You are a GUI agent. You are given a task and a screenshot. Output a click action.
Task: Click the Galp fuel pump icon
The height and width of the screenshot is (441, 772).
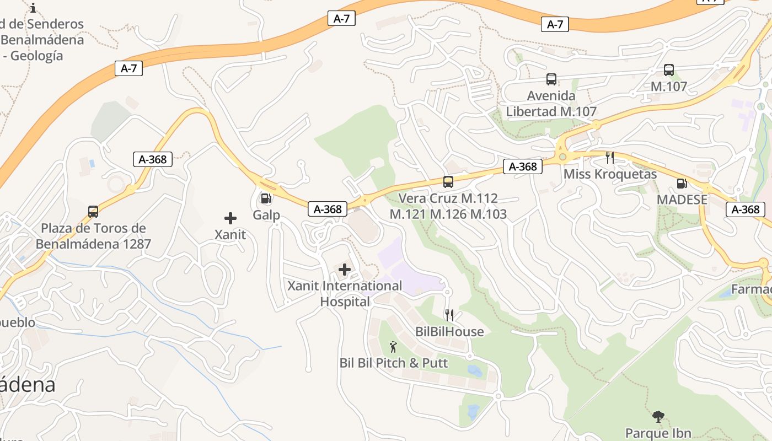266,198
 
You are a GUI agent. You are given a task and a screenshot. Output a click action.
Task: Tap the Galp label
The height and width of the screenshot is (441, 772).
266,215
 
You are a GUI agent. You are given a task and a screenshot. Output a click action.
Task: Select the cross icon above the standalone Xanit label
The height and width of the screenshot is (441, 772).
230,218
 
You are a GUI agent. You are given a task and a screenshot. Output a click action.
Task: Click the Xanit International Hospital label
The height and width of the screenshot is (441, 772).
345,294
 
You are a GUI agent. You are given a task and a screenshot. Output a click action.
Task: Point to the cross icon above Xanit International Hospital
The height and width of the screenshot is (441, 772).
345,270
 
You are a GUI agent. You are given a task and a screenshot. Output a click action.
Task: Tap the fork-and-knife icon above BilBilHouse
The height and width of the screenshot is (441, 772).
449,315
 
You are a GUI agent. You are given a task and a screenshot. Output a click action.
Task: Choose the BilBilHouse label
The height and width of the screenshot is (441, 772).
449,332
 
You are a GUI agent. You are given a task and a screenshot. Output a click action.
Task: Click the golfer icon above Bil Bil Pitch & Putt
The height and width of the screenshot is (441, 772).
393,347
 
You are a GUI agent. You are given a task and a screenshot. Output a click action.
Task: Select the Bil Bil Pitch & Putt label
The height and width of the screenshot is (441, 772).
394,363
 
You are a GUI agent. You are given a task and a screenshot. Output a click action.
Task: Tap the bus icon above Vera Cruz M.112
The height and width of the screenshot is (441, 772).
448,181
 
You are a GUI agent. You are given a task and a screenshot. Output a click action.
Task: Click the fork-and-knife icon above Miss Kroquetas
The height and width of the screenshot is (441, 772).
610,158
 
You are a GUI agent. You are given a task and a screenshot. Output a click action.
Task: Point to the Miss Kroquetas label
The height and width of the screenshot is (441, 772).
610,174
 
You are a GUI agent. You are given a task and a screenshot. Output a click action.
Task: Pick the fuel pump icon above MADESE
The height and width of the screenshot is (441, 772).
682,184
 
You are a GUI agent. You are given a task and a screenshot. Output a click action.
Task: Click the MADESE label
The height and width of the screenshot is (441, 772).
682,200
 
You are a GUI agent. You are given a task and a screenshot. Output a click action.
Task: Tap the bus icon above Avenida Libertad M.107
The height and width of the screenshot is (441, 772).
551,79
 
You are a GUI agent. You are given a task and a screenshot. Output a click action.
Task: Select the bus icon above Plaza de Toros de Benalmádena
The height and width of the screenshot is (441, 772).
93,212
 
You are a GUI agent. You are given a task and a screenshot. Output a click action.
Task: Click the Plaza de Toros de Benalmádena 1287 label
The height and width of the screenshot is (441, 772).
93,236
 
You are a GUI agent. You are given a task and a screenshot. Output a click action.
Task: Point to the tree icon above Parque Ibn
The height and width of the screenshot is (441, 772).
658,417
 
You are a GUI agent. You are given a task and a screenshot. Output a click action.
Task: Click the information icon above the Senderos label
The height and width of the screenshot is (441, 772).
34,8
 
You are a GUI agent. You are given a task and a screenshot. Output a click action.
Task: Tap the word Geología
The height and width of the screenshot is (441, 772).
37,56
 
